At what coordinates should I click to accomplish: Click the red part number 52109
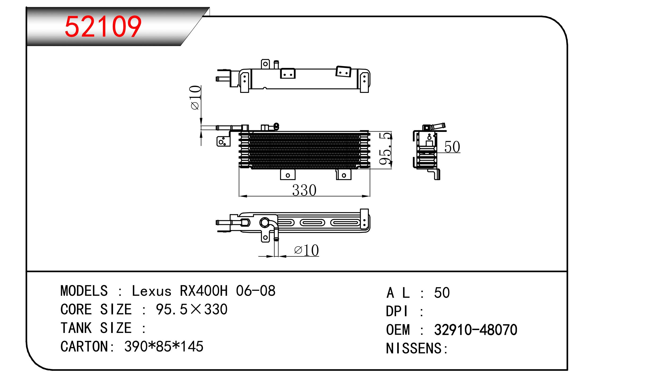(103, 27)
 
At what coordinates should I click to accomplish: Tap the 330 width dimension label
(304, 190)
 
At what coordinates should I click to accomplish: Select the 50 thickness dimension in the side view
(452, 147)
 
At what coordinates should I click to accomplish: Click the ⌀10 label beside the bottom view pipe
(306, 250)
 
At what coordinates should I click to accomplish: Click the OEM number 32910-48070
(475, 330)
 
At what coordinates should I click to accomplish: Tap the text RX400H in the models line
(204, 291)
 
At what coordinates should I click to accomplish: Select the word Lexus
(151, 291)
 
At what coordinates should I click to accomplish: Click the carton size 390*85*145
(164, 346)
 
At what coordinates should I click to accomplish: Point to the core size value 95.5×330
(192, 310)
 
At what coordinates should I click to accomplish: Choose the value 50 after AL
(442, 293)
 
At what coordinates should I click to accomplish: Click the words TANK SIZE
(96, 328)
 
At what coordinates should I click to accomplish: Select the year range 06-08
(256, 291)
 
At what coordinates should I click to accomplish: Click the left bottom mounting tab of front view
(288, 175)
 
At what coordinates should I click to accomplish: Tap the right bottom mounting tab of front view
(344, 175)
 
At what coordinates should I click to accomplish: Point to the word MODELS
(84, 291)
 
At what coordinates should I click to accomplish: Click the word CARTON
(84, 346)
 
